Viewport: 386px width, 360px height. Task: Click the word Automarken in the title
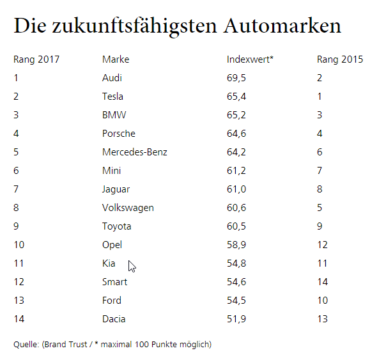pyautogui.click(x=282, y=26)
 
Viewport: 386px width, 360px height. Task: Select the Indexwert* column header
pyautogui.click(x=250, y=59)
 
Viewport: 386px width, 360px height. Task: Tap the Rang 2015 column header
pyautogui.click(x=340, y=59)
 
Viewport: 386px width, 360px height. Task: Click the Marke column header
pyautogui.click(x=116, y=59)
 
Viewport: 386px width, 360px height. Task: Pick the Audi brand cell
pyautogui.click(x=112, y=78)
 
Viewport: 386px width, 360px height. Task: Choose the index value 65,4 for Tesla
pyautogui.click(x=236, y=97)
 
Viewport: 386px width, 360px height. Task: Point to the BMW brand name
pyautogui.click(x=114, y=115)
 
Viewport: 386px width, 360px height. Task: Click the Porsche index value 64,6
pyautogui.click(x=236, y=134)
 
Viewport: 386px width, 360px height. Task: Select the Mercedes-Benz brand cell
pyautogui.click(x=135, y=152)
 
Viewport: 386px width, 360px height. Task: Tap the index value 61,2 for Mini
pyautogui.click(x=236, y=171)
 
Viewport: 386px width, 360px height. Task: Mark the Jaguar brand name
pyautogui.click(x=116, y=189)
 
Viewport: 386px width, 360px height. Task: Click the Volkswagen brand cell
pyautogui.click(x=128, y=208)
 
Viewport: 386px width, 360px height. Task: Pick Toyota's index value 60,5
pyautogui.click(x=236, y=226)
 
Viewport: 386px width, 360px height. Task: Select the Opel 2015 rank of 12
pyautogui.click(x=322, y=245)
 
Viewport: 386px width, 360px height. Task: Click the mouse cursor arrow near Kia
pyautogui.click(x=132, y=266)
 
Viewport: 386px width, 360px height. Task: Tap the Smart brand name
pyautogui.click(x=114, y=282)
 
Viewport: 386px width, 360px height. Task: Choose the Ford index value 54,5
pyautogui.click(x=236, y=301)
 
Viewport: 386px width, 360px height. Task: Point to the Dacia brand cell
pyautogui.click(x=114, y=319)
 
